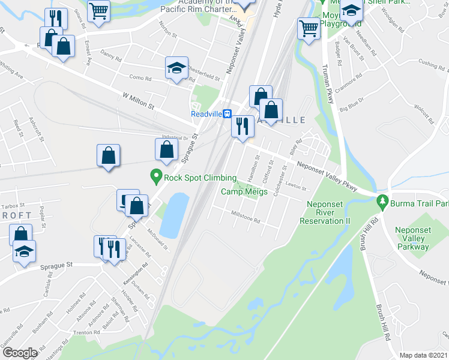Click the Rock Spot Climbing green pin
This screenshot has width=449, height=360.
coord(156,176)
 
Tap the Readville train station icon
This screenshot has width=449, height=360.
coord(228,114)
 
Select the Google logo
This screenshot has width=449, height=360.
coord(19,352)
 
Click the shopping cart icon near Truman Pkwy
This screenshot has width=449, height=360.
coord(309,27)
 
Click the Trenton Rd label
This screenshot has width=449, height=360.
coord(86,332)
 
